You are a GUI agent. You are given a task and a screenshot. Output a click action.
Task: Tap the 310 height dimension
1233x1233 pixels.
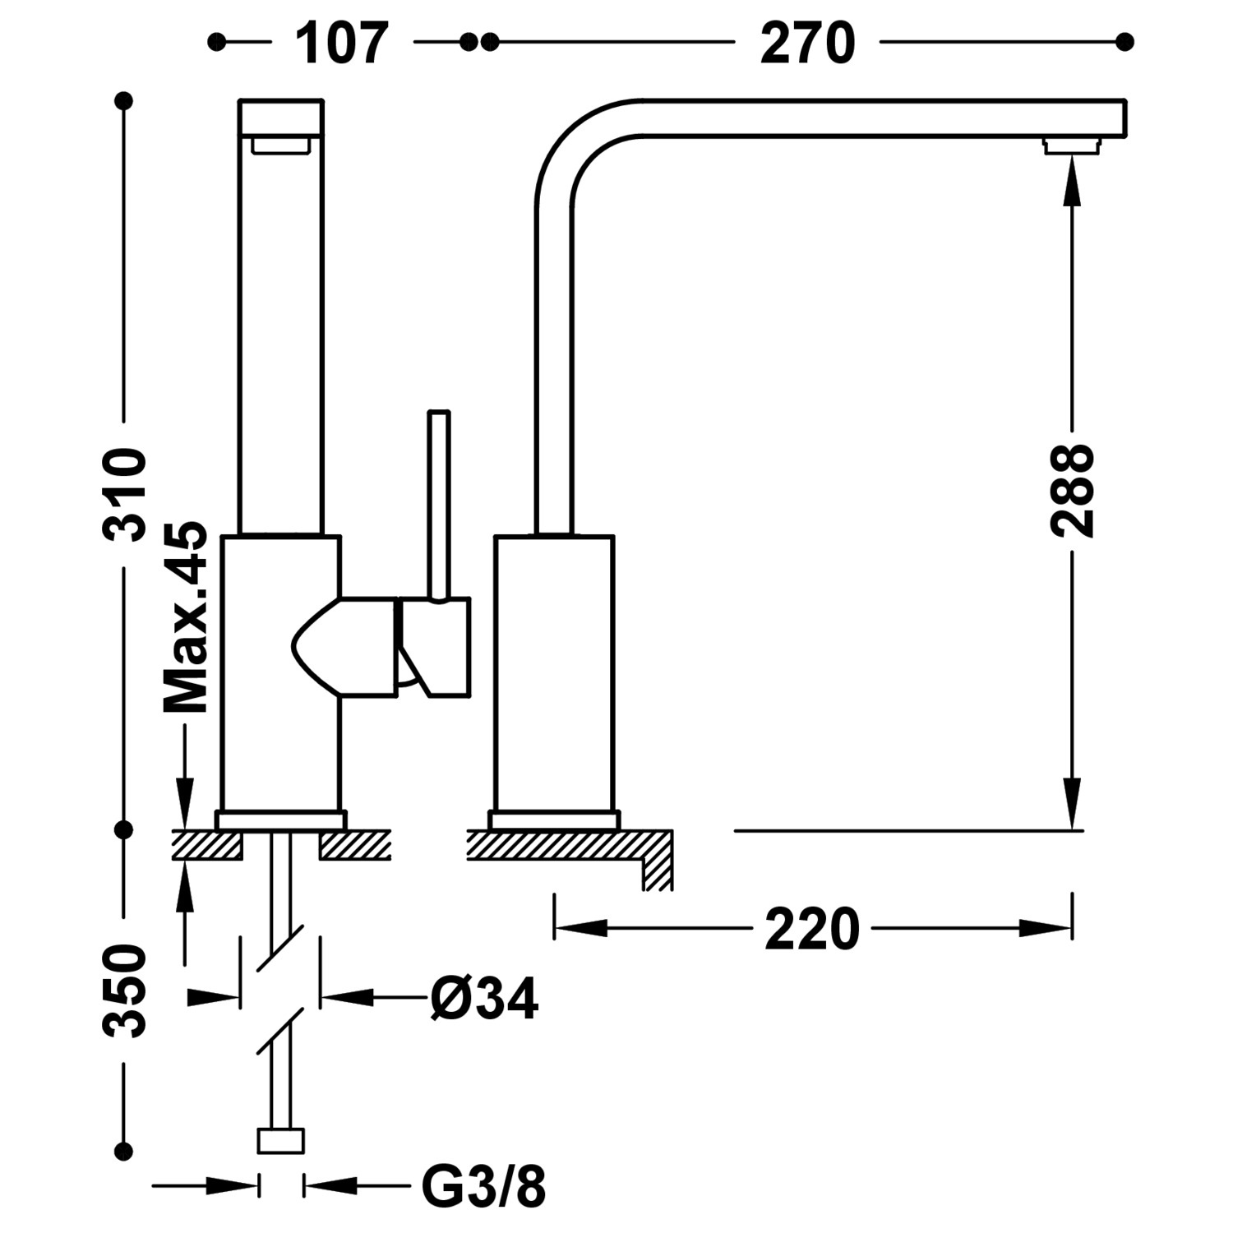pyautogui.click(x=125, y=495)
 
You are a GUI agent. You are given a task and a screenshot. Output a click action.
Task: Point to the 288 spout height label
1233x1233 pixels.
pyautogui.click(x=1073, y=491)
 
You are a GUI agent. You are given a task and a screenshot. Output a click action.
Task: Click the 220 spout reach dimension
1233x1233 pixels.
pyautogui.click(x=811, y=930)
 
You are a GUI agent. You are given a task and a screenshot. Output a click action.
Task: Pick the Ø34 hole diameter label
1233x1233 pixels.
pyautogui.click(x=484, y=999)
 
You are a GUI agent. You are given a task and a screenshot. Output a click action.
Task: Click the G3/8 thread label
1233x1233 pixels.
pyautogui.click(x=483, y=1186)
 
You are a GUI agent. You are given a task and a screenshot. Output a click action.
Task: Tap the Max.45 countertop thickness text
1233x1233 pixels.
pyautogui.click(x=186, y=616)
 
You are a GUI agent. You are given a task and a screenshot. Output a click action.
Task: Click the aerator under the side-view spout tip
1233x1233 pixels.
pyautogui.click(x=1071, y=146)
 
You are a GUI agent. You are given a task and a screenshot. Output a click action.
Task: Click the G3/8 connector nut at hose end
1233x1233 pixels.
pyautogui.click(x=281, y=1141)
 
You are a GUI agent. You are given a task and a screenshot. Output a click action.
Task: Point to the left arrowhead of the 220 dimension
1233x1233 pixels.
pyautogui.click(x=580, y=929)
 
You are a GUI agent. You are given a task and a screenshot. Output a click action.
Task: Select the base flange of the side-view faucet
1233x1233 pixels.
pyautogui.click(x=553, y=820)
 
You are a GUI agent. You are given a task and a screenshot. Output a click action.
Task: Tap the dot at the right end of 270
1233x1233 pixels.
pyautogui.click(x=1125, y=41)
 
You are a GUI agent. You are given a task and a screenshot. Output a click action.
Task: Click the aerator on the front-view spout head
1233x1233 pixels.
pyautogui.click(x=281, y=145)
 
